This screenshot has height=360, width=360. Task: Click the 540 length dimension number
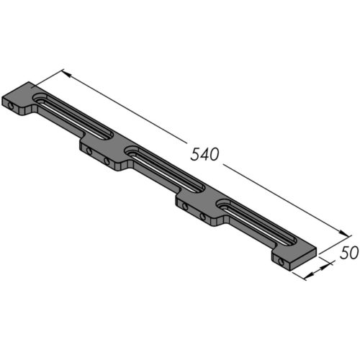pos(204,153)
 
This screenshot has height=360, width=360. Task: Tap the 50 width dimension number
pos(348,253)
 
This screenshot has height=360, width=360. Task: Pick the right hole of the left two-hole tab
pos(107,161)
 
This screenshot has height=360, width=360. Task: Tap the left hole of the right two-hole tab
pos(186,207)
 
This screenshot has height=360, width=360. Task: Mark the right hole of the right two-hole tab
pos(203,216)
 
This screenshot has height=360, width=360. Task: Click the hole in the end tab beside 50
pos(280,261)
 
